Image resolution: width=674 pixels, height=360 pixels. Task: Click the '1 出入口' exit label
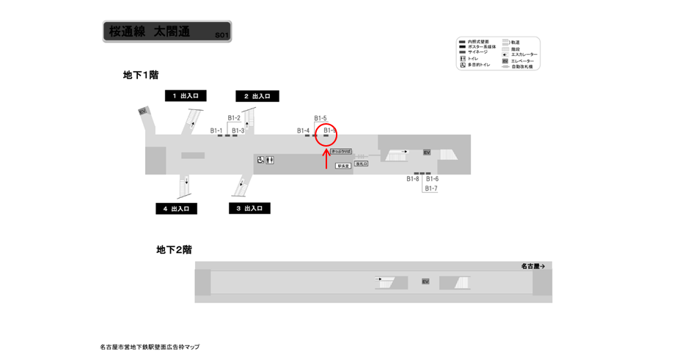tap(186, 95)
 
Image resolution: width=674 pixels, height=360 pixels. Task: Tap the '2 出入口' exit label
tap(257, 96)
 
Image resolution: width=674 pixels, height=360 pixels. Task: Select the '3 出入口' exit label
tap(249, 208)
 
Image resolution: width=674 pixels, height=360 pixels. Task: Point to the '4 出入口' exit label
tap(176, 209)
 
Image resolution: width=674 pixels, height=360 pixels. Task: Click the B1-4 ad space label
tap(303, 131)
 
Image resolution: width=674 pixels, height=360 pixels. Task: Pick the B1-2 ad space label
tap(234, 118)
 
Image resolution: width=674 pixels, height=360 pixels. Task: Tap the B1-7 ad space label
tap(431, 188)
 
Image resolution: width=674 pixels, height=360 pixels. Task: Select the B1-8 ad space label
tap(413, 179)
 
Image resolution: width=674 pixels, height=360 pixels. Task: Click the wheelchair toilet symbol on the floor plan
tap(260, 160)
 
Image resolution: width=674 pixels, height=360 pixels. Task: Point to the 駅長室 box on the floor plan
tap(343, 166)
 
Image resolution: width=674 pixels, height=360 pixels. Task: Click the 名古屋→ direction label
tap(532, 266)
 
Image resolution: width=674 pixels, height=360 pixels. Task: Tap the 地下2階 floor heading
tap(174, 249)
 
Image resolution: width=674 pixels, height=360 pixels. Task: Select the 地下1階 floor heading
tap(141, 75)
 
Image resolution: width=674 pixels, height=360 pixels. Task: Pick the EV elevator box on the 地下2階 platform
tap(425, 282)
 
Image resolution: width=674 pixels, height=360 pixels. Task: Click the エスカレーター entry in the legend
tap(524, 54)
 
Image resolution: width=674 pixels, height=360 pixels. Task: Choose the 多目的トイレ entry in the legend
tap(479, 65)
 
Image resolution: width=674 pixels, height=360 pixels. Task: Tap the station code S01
tap(222, 35)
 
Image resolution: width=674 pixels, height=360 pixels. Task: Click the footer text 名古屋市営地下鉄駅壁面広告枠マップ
tap(150, 347)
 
